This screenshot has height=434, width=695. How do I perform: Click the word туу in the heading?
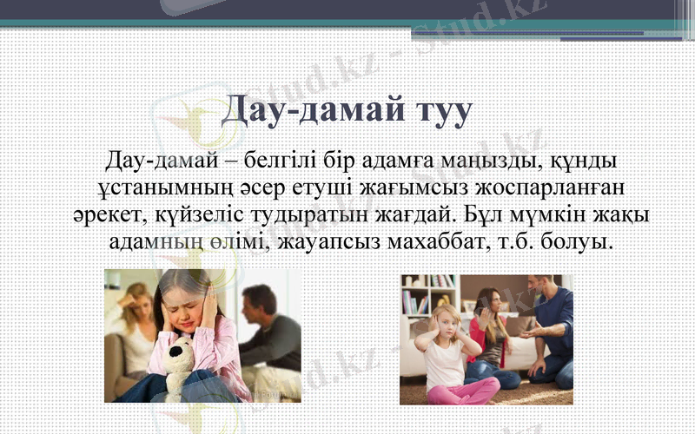pos(439,112)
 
